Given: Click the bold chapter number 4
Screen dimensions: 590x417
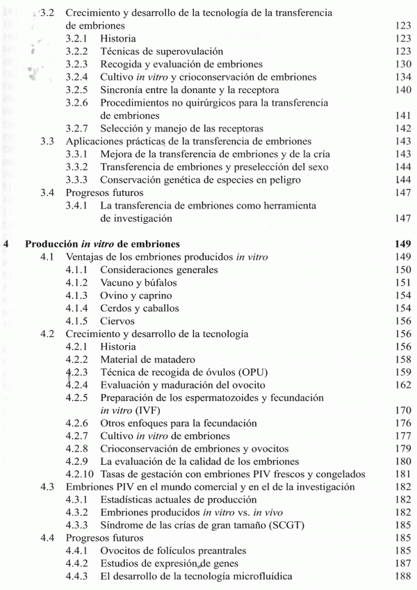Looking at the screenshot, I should click(7, 244).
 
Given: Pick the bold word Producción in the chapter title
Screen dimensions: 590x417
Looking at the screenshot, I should click(50, 244).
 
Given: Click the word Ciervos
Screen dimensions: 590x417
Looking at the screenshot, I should click(117, 321).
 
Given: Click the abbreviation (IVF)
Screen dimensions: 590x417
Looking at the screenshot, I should click(152, 411).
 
